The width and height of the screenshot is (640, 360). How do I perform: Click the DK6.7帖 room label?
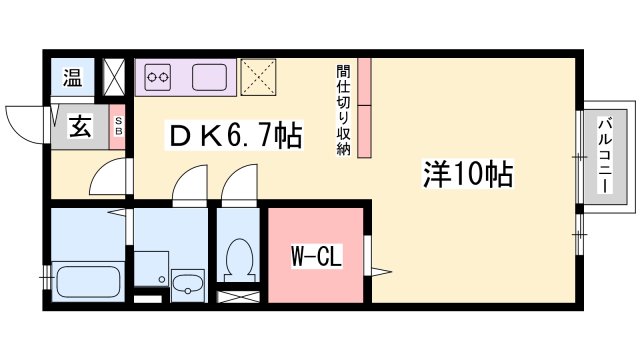pos(235,135)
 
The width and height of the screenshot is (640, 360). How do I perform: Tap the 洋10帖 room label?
pos(468,174)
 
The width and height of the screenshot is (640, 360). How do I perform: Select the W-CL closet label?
pos(316,256)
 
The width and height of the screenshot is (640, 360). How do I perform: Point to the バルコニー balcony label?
pos(605,155)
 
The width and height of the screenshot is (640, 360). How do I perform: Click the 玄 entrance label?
pos(80,126)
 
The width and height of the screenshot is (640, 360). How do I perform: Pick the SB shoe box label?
pos(118,126)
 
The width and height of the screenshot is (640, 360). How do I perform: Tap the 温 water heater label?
pos(73,77)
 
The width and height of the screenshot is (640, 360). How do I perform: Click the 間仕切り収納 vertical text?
pos(344,110)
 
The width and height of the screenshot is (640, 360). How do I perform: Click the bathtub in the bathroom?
pos(88,282)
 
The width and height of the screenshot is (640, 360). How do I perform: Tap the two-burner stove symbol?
pos(158,77)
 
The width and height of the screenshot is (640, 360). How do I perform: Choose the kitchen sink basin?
pos(209,77)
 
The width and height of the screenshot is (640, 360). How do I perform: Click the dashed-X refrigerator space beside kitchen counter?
pos(258,77)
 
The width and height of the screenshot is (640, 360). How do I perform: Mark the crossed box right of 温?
pos(113,77)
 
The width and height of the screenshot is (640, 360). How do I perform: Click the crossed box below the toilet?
pos(238,297)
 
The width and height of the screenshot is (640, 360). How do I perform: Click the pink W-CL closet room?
pos(316,256)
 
